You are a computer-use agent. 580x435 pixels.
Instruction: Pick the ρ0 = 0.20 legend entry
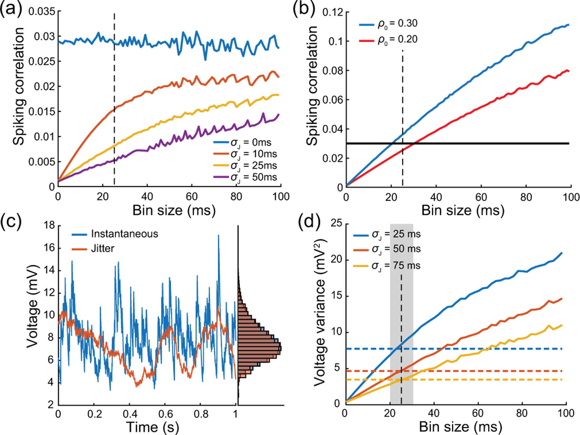click(x=397, y=40)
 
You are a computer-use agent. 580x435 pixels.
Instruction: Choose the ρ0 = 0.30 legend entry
click(x=397, y=24)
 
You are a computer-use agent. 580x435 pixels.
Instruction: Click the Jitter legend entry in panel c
click(x=102, y=248)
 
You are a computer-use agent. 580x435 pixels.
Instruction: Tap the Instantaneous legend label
click(x=124, y=234)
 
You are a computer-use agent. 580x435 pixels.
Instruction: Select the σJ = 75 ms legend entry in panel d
click(x=396, y=266)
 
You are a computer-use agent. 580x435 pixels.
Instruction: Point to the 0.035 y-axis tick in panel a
click(x=42, y=12)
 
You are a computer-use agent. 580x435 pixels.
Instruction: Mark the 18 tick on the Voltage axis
click(x=49, y=225)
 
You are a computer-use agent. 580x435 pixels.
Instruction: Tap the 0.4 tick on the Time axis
click(x=130, y=414)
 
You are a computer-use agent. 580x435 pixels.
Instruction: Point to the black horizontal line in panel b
click(x=483, y=143)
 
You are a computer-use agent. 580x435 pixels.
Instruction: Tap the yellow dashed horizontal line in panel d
click(x=483, y=380)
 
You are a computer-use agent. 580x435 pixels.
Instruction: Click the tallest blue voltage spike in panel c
click(x=218, y=236)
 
